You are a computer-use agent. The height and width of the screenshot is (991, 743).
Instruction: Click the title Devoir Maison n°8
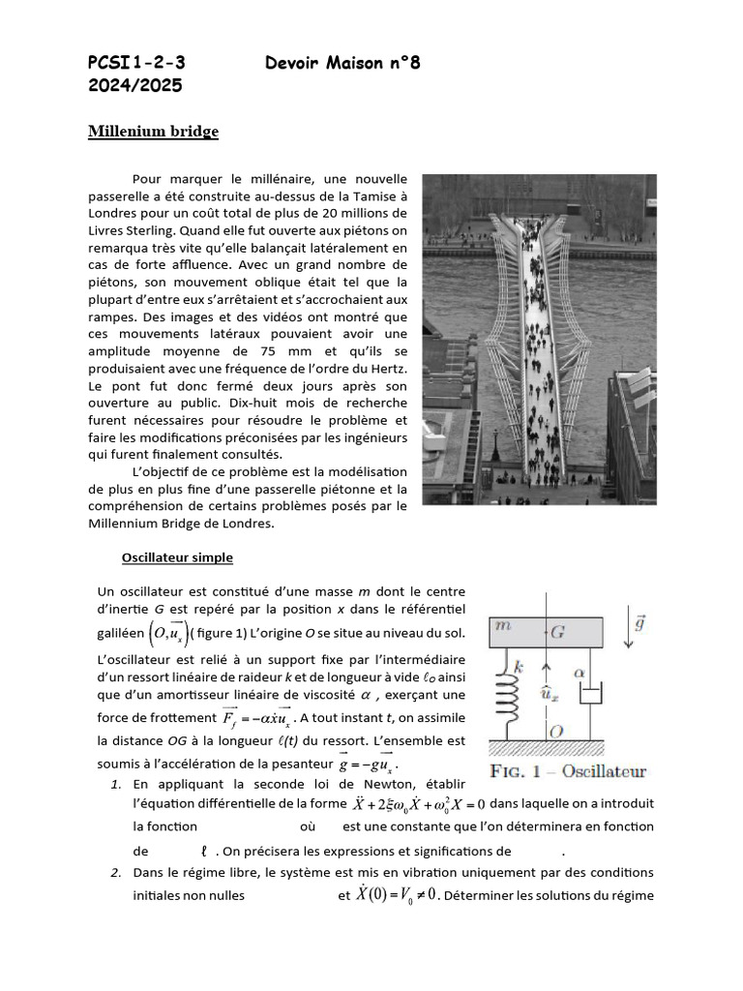pos(342,64)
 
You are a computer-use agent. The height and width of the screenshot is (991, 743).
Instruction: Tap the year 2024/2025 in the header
pos(134,86)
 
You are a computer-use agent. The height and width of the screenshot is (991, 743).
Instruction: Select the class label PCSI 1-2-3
pos(135,64)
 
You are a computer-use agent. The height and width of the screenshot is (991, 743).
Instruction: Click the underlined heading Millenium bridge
pos(153,132)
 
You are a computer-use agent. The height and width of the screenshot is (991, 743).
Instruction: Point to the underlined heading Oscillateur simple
pos(177,558)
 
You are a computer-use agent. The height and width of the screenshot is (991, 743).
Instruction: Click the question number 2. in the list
pos(115,873)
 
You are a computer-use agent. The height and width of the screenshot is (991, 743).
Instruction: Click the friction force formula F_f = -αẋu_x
pos(256,719)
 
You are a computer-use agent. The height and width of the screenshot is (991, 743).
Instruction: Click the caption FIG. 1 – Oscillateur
pos(569,771)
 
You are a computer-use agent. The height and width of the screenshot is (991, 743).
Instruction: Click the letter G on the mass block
pos(558,630)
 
